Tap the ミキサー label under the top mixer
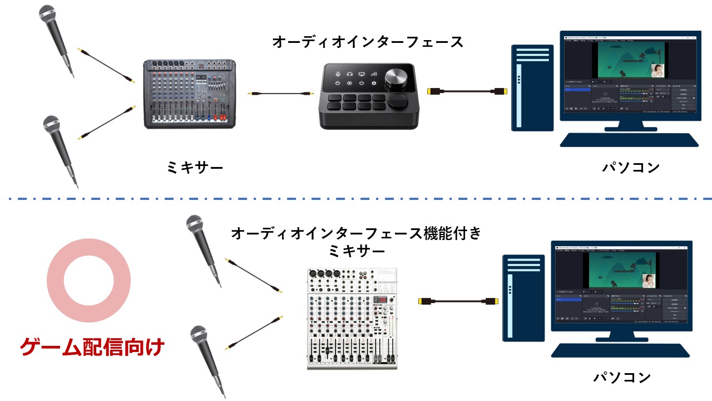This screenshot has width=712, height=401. (195, 167)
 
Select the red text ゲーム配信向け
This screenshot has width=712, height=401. (92, 348)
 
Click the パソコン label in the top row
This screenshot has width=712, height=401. (631, 167)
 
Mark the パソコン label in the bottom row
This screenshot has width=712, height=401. (622, 378)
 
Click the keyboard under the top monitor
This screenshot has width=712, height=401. (629, 139)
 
